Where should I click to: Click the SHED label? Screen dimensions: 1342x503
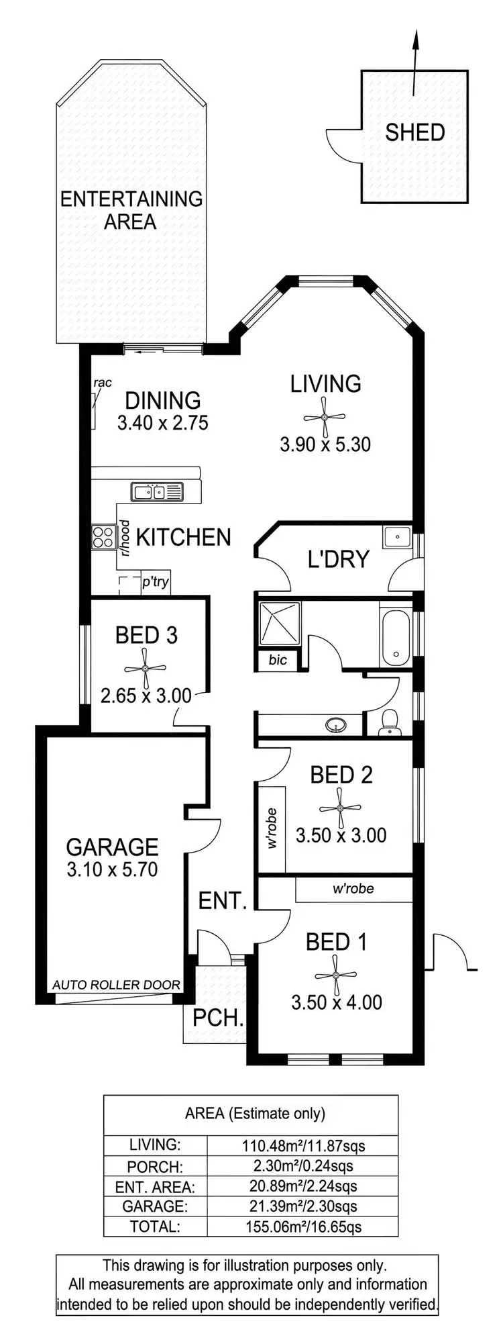(x=414, y=132)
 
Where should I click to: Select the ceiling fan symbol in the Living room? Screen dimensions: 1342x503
(x=325, y=417)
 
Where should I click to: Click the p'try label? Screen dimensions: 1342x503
(x=155, y=581)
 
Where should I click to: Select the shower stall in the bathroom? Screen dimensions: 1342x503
(x=279, y=624)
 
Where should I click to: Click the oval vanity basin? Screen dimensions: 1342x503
(x=335, y=725)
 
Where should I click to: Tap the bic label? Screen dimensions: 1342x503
(x=278, y=660)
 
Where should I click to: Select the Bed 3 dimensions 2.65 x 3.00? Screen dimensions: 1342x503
(x=146, y=696)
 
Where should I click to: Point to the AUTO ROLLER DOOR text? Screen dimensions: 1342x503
(x=116, y=985)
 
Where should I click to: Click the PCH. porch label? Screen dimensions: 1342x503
(x=218, y=1017)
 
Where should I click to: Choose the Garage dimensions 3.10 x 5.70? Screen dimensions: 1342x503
(x=112, y=869)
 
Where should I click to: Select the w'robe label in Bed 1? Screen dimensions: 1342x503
(x=353, y=889)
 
